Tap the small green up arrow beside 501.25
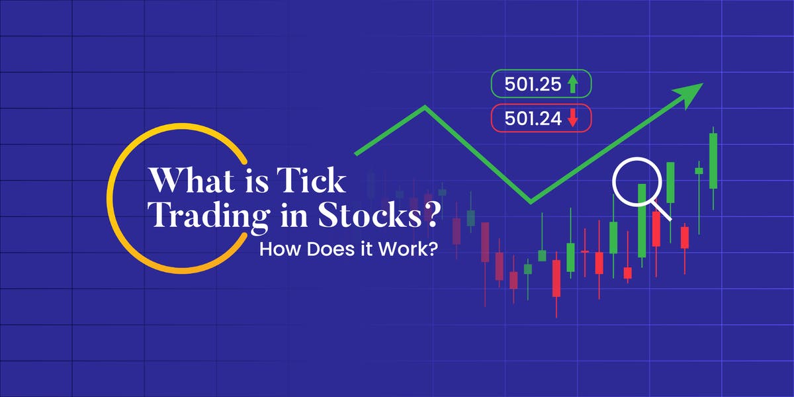click(573, 84)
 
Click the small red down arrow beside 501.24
click(573, 119)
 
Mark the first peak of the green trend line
click(425, 107)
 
